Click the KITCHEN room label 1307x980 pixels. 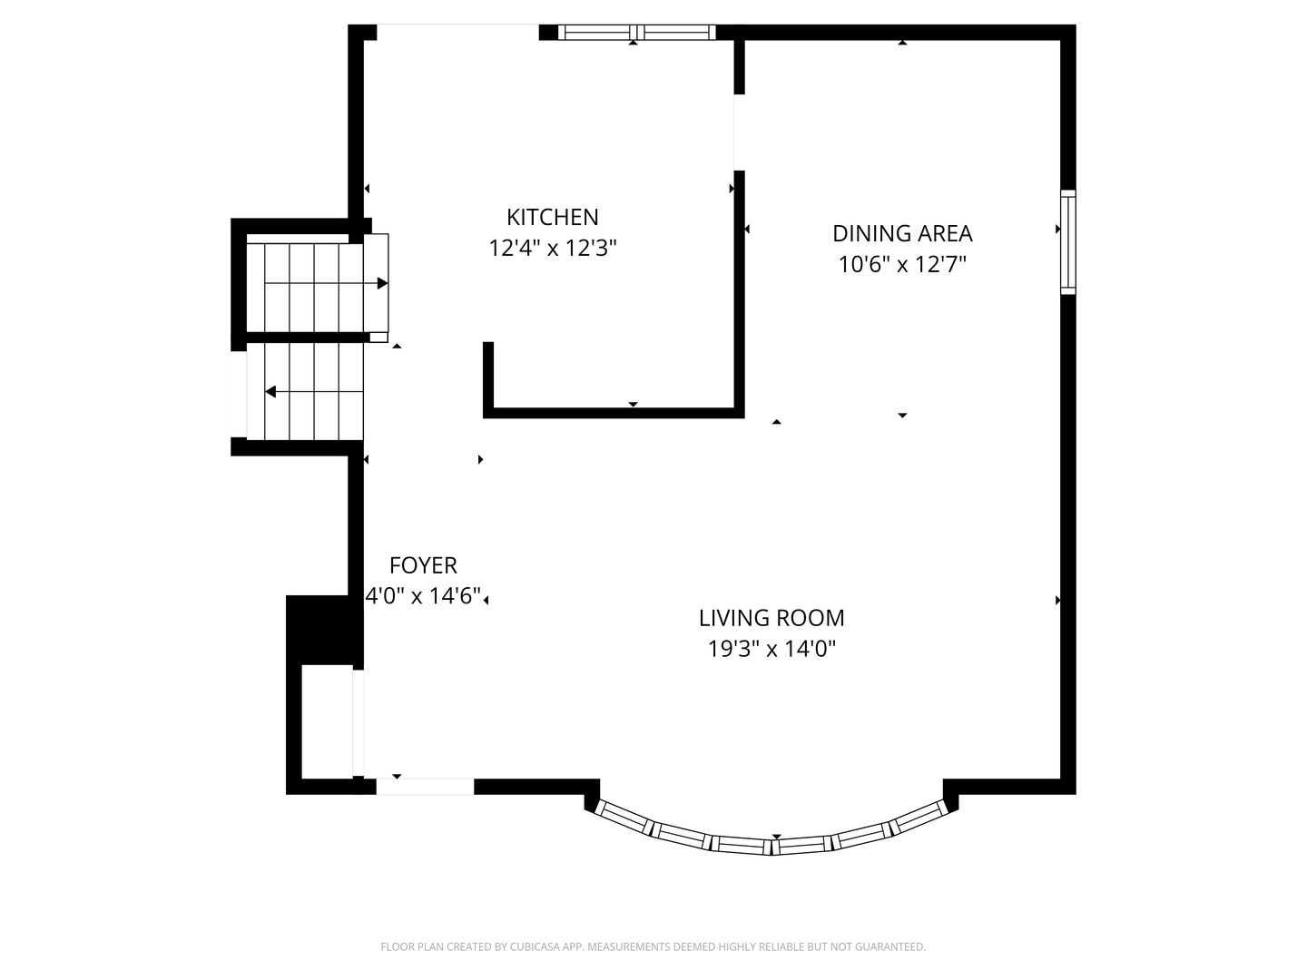[x=552, y=217]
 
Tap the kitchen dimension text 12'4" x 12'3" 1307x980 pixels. [x=552, y=248]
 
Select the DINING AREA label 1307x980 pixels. [x=902, y=233]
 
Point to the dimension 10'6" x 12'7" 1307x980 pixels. [x=902, y=264]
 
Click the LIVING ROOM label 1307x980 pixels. [x=771, y=618]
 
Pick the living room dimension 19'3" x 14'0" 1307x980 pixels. [x=771, y=649]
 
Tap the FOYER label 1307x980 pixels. [x=423, y=565]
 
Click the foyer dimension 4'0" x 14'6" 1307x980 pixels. [x=423, y=596]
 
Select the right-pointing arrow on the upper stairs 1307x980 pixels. [x=382, y=283]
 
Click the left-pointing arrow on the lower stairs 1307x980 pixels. [x=270, y=392]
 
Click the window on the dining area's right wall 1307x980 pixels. [x=1068, y=242]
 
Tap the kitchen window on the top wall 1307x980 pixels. [x=636, y=33]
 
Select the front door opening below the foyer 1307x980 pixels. [x=425, y=787]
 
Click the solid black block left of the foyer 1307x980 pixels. [x=318, y=630]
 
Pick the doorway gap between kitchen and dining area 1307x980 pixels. [x=738, y=132]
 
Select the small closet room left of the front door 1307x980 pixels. [x=327, y=721]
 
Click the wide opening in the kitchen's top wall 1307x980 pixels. [x=457, y=31]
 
